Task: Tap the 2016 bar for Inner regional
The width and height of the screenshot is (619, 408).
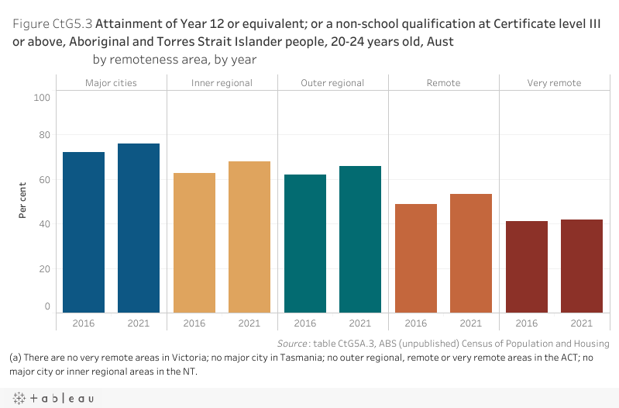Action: click(x=194, y=242)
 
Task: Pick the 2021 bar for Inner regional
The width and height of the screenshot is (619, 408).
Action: click(x=249, y=236)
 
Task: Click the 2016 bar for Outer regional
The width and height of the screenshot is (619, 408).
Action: click(x=305, y=243)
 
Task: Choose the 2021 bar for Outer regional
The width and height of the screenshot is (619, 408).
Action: click(x=360, y=238)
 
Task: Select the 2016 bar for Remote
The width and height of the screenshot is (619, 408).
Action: click(x=416, y=258)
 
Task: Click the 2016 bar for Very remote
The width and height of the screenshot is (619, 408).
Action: click(x=527, y=266)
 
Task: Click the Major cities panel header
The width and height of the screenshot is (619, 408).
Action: click(x=112, y=83)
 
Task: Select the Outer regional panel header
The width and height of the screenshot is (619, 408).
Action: click(x=332, y=83)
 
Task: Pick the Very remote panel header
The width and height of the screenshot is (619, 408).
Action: click(x=554, y=83)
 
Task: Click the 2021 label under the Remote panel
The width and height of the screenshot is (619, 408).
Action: click(x=471, y=323)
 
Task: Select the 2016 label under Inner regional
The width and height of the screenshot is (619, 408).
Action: click(x=194, y=323)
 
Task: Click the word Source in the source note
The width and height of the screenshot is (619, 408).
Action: click(x=294, y=344)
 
